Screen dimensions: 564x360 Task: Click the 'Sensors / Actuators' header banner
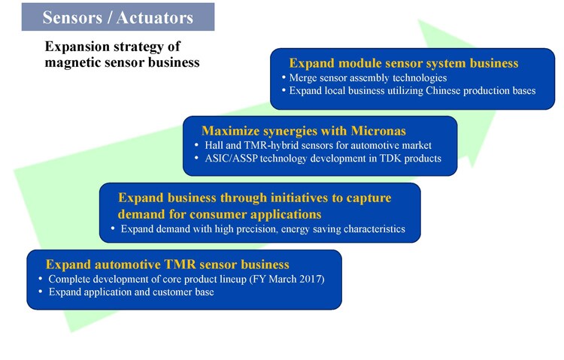pyautogui.click(x=118, y=17)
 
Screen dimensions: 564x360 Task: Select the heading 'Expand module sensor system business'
pyautogui.click(x=404, y=63)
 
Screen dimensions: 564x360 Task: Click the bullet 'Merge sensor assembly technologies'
pyautogui.click(x=368, y=77)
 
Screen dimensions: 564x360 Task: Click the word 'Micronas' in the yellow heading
pyautogui.click(x=378, y=131)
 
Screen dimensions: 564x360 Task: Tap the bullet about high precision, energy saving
pyautogui.click(x=263, y=229)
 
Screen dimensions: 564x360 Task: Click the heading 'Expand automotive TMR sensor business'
pyautogui.click(x=167, y=265)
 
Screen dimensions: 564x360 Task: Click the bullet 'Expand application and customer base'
pyautogui.click(x=132, y=292)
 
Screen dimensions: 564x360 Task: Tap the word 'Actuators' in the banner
pyautogui.click(x=155, y=17)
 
